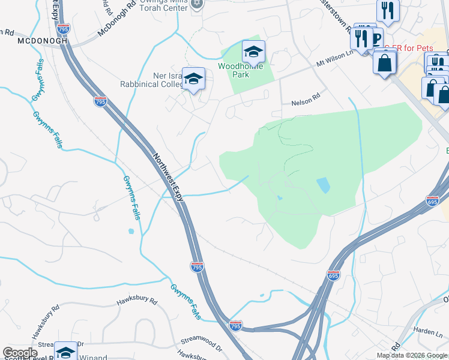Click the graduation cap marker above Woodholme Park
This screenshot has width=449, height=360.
tap(253, 53)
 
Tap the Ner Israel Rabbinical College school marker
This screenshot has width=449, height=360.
tap(193, 80)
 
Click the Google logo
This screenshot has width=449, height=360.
tap(20, 353)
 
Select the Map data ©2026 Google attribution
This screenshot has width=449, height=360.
tap(411, 355)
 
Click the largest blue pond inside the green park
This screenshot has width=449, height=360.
tap(323, 185)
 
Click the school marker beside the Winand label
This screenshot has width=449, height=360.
tap(65, 352)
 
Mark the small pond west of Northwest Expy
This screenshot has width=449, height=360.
tap(131, 230)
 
